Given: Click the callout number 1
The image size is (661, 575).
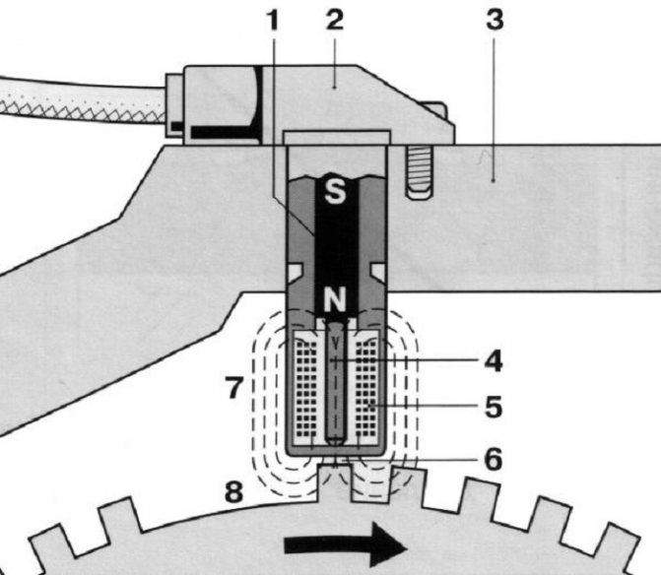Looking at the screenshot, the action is point(274,21).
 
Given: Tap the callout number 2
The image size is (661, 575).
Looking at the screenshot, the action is point(335,21).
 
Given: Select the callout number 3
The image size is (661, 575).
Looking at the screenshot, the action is point(495,21).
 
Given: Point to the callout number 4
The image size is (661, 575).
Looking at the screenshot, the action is point(494,362).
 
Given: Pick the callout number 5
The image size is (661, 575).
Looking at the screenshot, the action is point(494,407).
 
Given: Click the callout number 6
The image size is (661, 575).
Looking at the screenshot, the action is point(494,459).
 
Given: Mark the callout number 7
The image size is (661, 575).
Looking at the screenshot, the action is point(234,387).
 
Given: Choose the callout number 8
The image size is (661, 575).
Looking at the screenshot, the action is point(234,491).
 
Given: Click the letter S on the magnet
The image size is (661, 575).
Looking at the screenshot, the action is point(335,192).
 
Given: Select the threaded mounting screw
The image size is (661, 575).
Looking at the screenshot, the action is point(420,171).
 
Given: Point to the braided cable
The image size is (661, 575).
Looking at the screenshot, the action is point(82,101).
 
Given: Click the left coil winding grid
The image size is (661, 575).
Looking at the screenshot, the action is point(306,388).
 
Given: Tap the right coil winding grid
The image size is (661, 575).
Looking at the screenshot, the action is point(366,388).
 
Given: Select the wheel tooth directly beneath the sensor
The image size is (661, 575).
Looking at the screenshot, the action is point(334,483).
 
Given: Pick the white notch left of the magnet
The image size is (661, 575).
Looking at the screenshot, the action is point(296,272).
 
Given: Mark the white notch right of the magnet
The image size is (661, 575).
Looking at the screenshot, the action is point(377,272).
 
